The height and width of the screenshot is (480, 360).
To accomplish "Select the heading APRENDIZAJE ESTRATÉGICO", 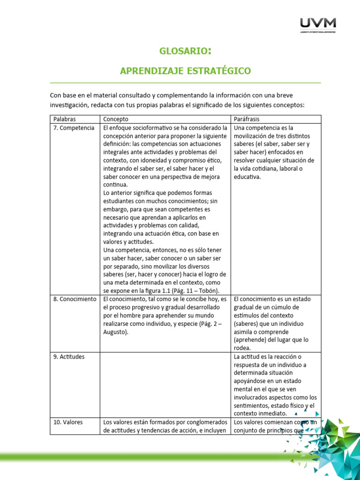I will point(185,71).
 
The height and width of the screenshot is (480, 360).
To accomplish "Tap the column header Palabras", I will point(65,119).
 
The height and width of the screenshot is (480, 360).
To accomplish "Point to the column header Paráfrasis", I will point(247,119).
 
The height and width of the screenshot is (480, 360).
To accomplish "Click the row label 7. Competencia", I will point(74,127).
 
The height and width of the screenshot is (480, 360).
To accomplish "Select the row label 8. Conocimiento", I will point(75,299).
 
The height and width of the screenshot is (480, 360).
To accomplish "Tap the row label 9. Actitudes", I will point(69,357).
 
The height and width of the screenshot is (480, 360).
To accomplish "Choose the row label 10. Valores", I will point(68,422).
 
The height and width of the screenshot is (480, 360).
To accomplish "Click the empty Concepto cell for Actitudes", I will point(166,384).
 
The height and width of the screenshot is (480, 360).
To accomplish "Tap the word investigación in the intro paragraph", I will point(69,105).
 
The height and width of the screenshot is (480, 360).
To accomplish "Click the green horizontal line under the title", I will point(185,83).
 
